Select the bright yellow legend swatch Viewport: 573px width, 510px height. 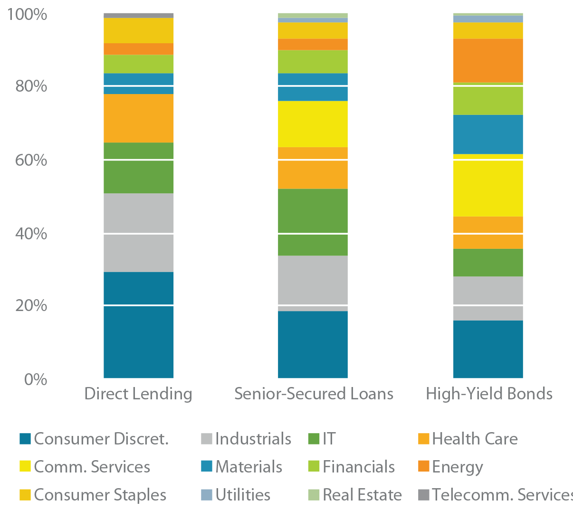click(21, 465)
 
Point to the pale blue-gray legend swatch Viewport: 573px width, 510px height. click(199, 491)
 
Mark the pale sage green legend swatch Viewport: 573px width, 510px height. click(306, 491)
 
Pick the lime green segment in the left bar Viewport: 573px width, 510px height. click(139, 64)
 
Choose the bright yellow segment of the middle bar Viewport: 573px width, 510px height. click(313, 124)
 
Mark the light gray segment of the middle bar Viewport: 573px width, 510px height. click(313, 280)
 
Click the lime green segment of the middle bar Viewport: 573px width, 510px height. click(313, 61)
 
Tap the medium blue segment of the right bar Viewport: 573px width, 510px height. click(488, 134)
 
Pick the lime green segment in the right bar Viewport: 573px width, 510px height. click(488, 101)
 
